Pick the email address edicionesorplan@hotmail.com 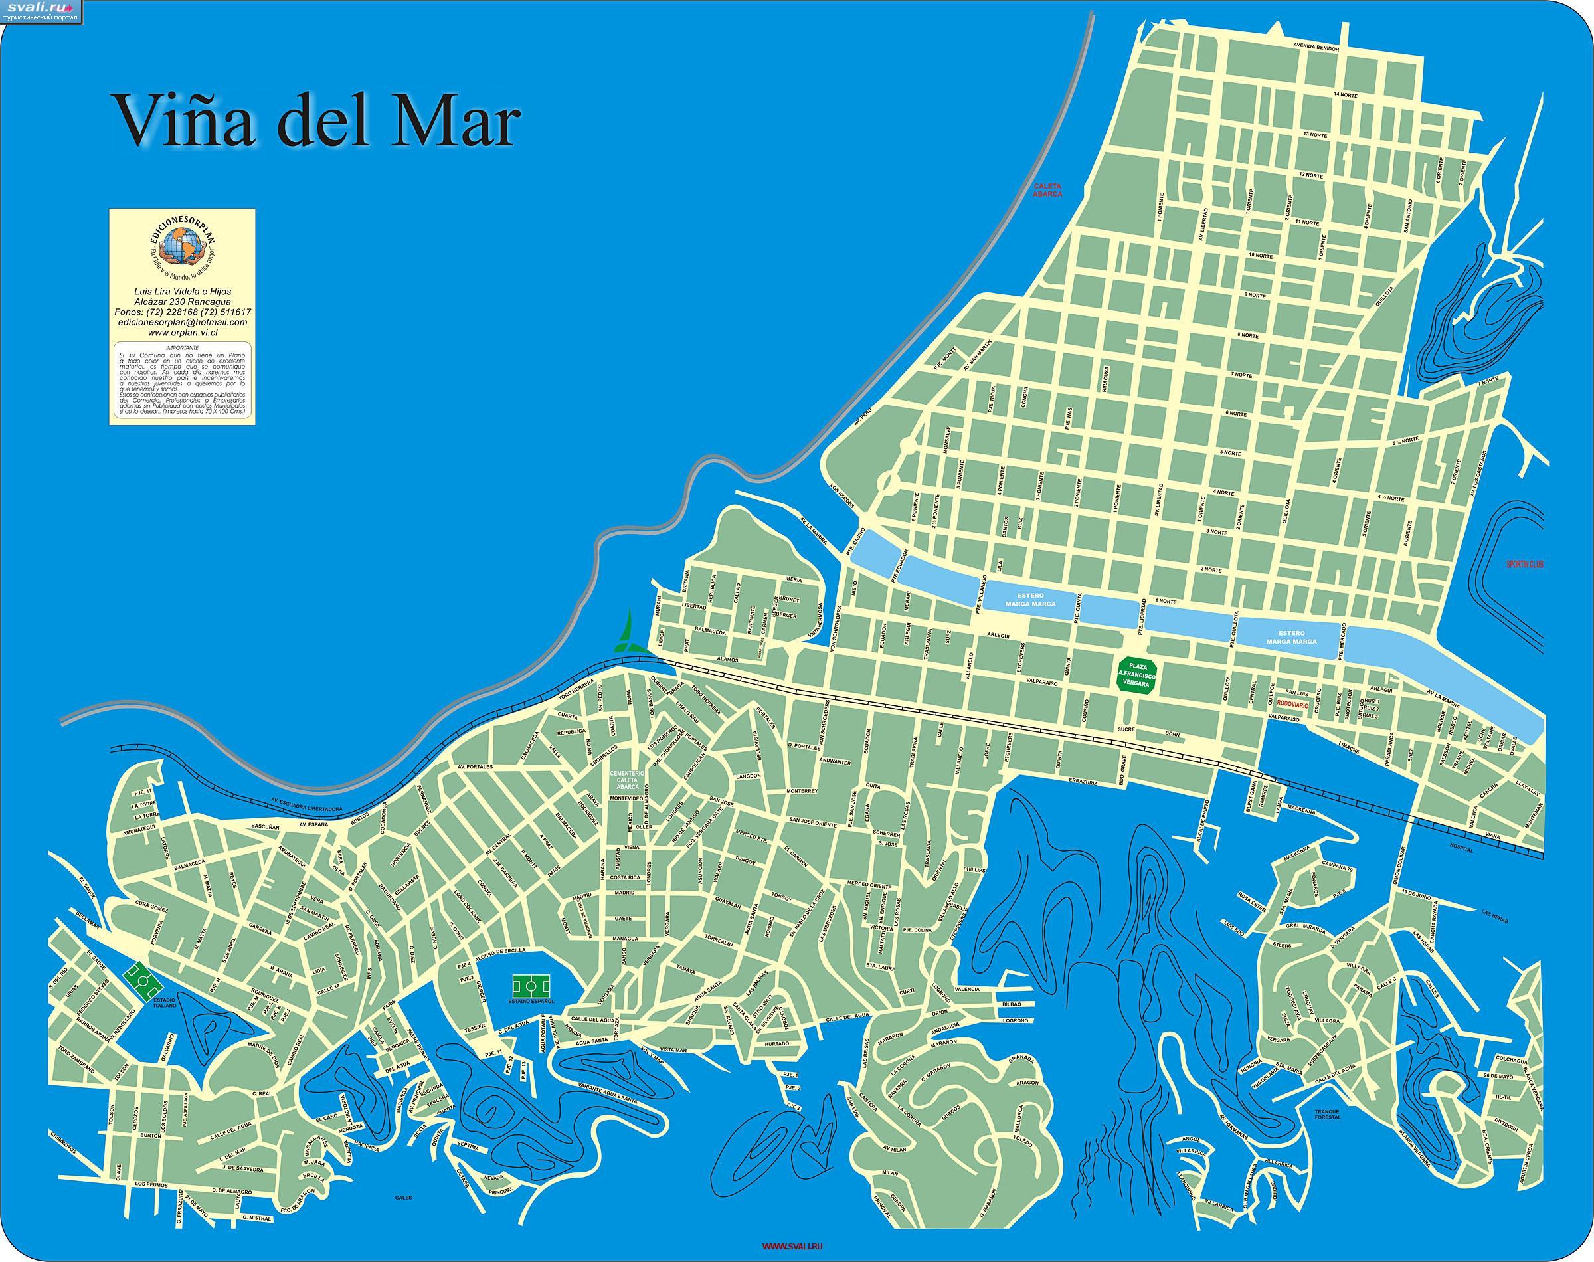click(x=182, y=323)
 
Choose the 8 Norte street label click(x=1249, y=335)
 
